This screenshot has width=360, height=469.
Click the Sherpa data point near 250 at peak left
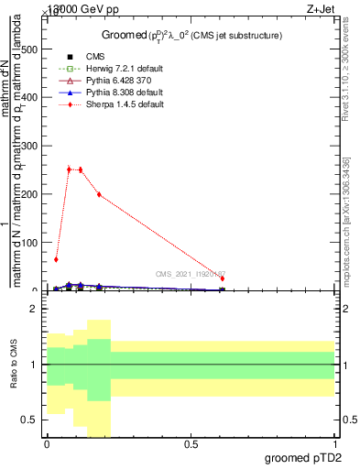point(69,169)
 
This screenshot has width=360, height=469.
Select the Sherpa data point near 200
point(99,194)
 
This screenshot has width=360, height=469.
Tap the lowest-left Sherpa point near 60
point(57,259)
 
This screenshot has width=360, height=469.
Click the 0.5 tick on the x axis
point(191,445)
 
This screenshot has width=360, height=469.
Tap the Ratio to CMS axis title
point(14,365)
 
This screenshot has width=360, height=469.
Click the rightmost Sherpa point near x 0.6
point(223,278)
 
